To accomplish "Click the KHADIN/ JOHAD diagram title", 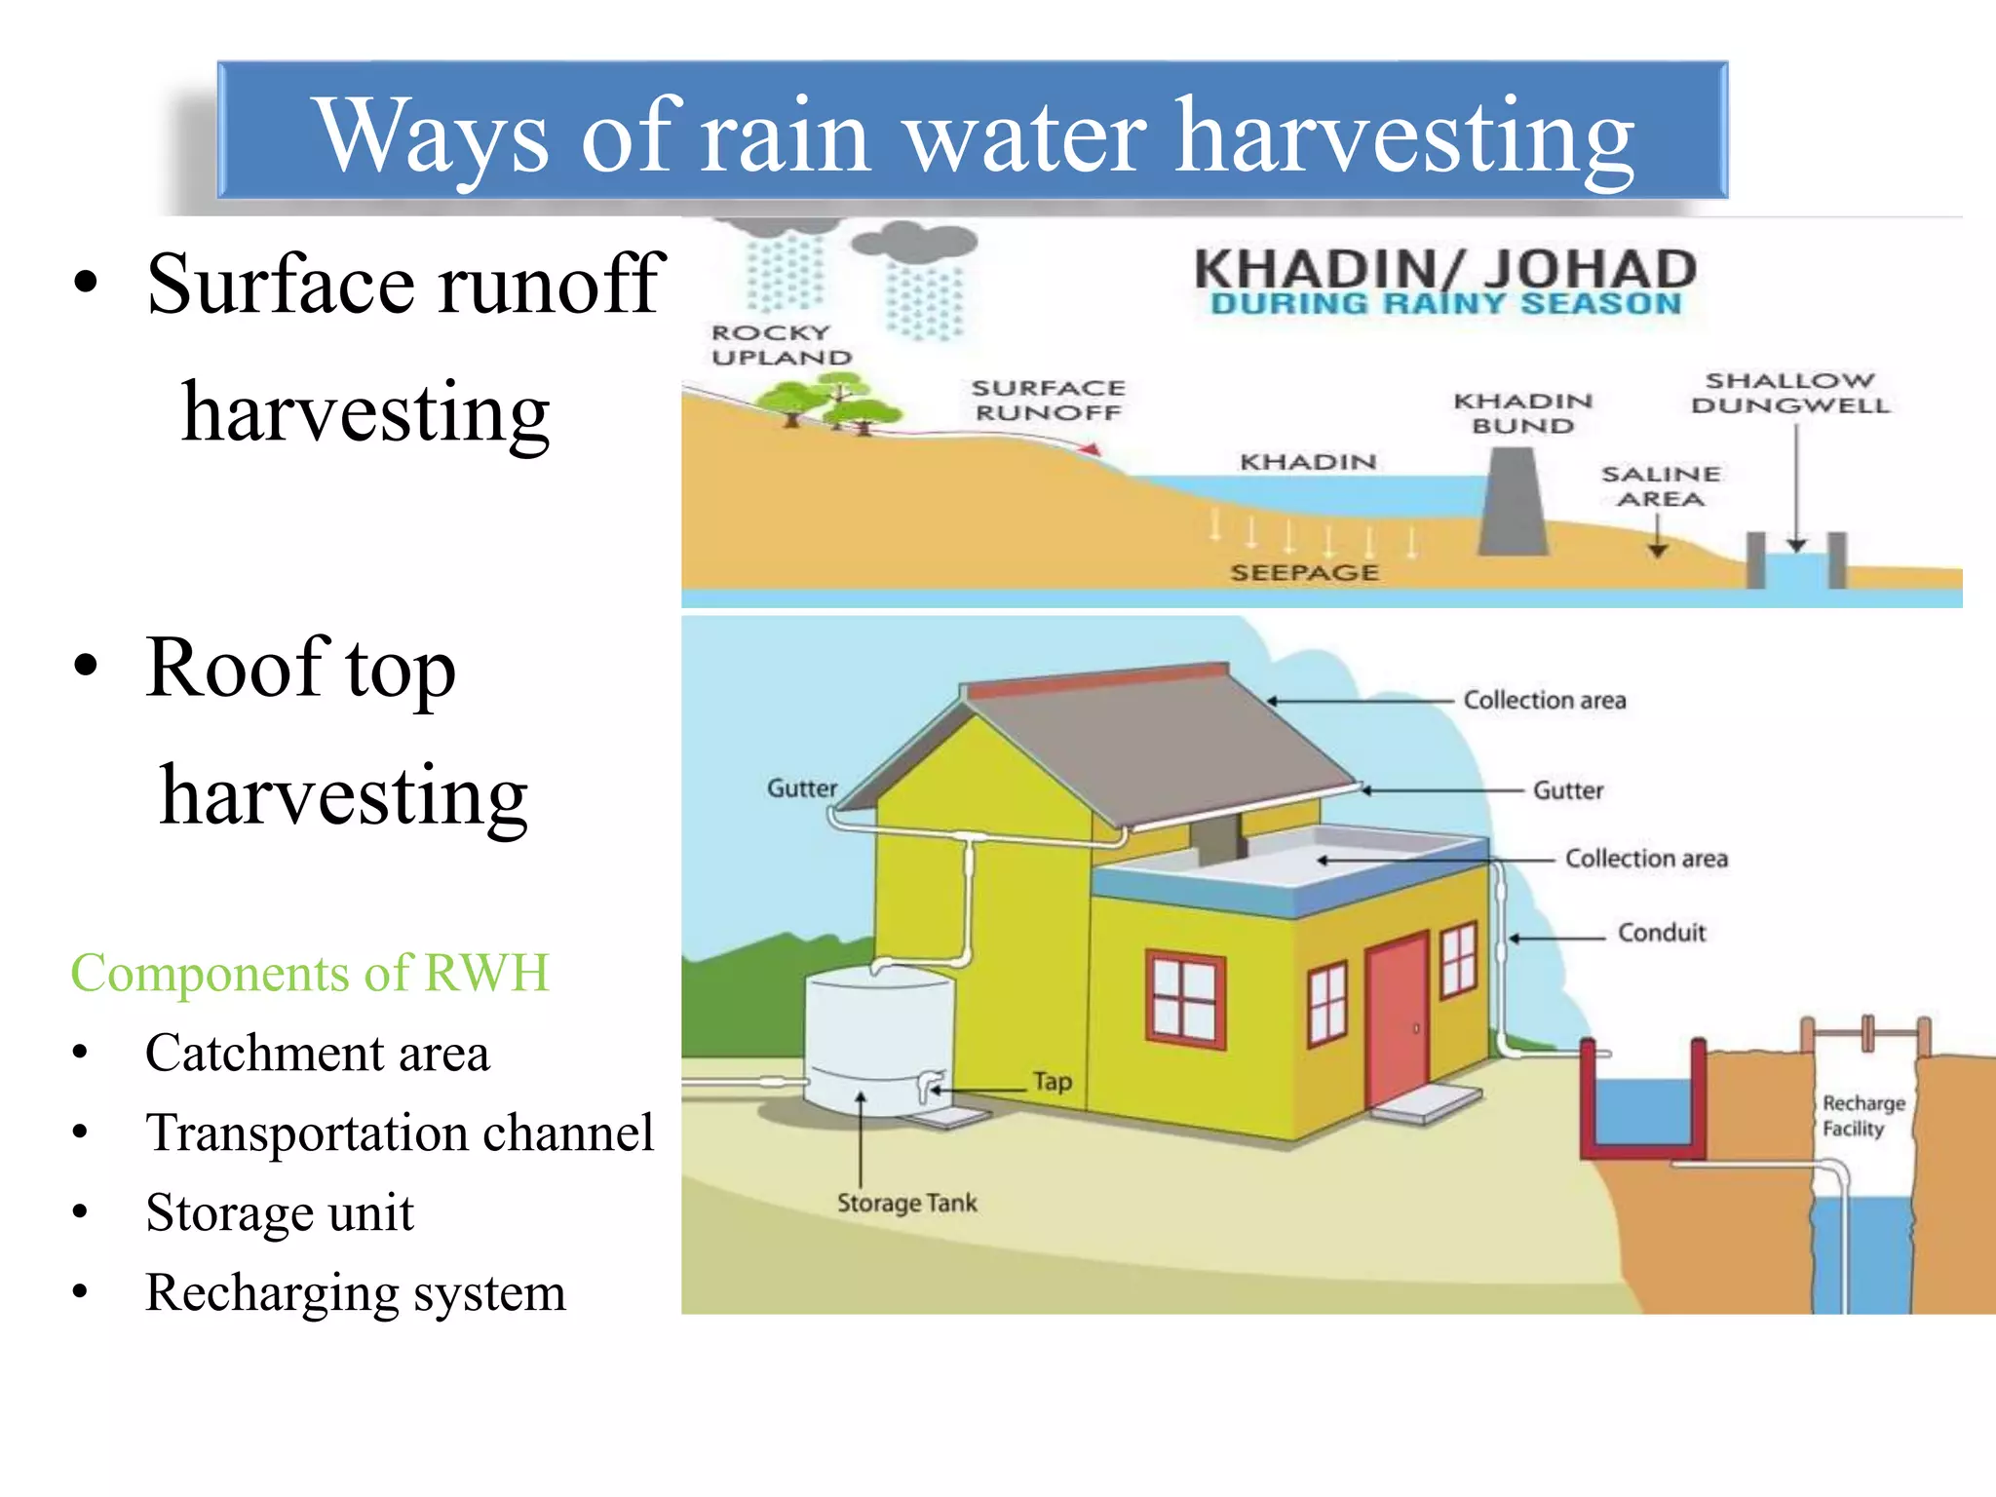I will (1445, 270).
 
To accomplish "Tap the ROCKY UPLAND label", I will (781, 345).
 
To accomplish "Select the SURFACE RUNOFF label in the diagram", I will (1049, 400).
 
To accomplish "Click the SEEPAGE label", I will (1304, 572).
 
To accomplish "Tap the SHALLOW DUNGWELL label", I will (1790, 392).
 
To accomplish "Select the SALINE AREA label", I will (1661, 485).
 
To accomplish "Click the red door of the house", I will (1398, 1022).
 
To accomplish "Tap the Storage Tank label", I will (906, 1203).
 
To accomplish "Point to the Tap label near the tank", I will (1053, 1082).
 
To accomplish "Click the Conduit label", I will (1662, 933).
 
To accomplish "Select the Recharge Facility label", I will (1862, 1116).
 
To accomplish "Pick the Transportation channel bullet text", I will (399, 1132).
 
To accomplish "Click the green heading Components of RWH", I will (310, 973).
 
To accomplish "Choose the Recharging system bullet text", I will (355, 1292).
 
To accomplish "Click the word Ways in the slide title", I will (433, 136).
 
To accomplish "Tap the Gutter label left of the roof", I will (801, 787).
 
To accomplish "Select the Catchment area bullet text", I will (317, 1054).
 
